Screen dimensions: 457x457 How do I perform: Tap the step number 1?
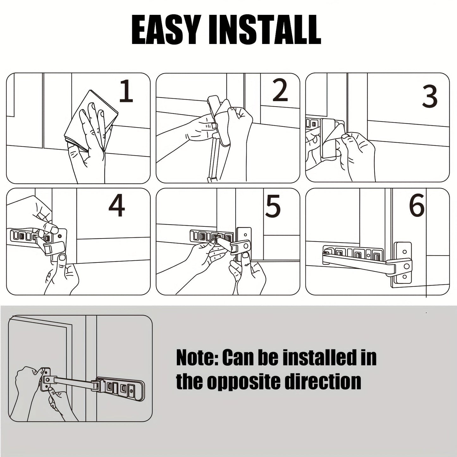pos(126,91)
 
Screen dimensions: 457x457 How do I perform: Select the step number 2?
pos(280,90)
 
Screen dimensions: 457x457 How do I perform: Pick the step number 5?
pos(273,206)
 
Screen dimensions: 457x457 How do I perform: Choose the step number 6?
pos(417,206)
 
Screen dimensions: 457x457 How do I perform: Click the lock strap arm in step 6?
pos(354,261)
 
